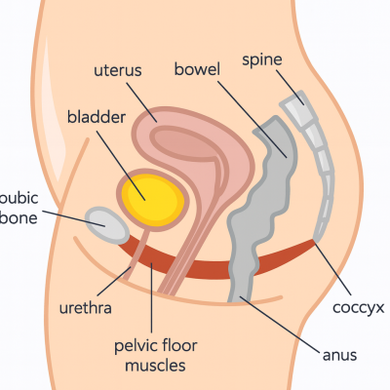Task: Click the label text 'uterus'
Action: pos(118,70)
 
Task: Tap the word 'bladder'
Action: pos(97,117)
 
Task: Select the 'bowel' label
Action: pos(197,69)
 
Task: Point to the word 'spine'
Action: pos(262,60)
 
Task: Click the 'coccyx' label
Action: pos(358,307)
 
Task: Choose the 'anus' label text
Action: pos(339,355)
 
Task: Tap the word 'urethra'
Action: pos(85,307)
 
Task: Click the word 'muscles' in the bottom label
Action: pos(155,365)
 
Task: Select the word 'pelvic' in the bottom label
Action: pos(135,346)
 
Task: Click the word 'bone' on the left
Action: pos(19,217)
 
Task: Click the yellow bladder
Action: pos(152,200)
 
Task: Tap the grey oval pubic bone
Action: pos(107,225)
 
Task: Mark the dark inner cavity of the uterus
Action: pos(187,144)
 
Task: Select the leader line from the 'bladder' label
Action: pos(121,165)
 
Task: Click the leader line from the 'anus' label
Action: pos(280,324)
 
